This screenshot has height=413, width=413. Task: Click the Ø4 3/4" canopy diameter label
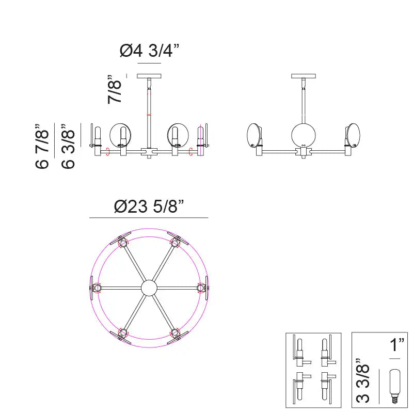(149, 50)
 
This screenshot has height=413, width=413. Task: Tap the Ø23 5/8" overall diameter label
(149, 206)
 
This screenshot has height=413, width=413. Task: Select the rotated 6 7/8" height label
(42, 146)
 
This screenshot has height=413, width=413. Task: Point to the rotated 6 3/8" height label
(68, 146)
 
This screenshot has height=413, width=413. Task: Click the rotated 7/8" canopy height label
(115, 89)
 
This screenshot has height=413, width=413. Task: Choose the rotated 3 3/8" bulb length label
(363, 380)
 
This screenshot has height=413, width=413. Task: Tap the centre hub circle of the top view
(149, 288)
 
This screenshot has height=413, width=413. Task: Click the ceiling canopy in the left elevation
(149, 76)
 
